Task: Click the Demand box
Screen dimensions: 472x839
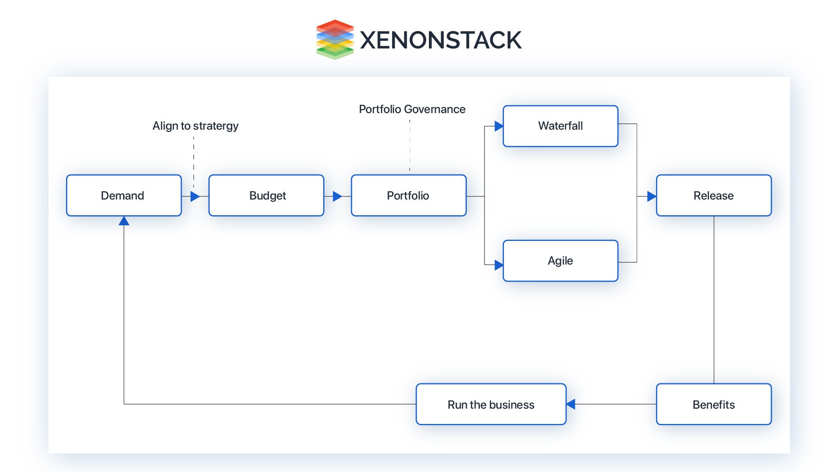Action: (124, 196)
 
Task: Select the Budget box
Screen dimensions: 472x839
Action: (266, 196)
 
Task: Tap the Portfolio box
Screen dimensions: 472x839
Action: (408, 196)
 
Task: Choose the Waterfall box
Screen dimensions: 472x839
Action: (560, 126)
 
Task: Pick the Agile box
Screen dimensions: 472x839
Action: (560, 261)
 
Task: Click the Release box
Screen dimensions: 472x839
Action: (714, 196)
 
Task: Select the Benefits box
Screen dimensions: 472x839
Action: (714, 404)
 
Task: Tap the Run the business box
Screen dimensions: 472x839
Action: (491, 404)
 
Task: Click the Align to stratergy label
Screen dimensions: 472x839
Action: (195, 126)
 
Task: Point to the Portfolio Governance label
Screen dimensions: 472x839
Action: (412, 109)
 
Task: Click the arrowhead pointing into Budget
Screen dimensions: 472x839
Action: (195, 196)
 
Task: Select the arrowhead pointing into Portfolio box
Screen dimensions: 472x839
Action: (337, 196)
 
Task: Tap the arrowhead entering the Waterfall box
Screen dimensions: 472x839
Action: (498, 127)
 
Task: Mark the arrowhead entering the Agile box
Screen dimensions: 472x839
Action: (498, 265)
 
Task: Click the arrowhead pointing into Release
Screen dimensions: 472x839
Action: (651, 196)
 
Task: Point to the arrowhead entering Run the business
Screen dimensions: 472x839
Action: (571, 404)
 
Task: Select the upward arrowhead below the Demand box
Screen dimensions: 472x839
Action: (124, 221)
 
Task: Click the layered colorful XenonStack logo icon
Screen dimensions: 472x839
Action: (335, 39)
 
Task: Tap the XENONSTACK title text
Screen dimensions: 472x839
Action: (440, 40)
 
